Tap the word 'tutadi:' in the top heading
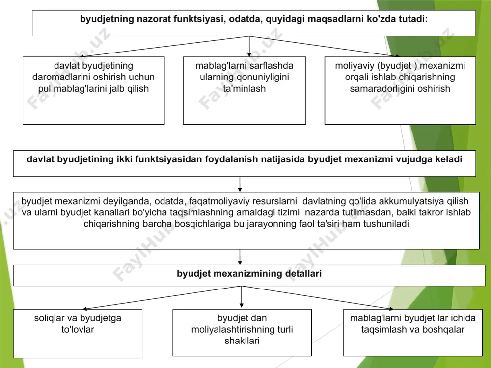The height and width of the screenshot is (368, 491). point(413,19)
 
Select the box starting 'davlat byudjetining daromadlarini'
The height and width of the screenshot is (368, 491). point(94,91)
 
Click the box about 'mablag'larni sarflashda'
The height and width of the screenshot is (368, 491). point(245,91)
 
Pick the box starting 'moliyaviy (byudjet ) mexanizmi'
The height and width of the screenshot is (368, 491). point(400,91)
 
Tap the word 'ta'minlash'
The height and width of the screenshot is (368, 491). point(245,89)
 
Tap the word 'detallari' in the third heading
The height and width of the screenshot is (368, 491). point(303,274)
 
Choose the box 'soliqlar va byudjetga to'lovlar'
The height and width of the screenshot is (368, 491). point(78,334)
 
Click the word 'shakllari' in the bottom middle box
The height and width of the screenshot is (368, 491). point(242,341)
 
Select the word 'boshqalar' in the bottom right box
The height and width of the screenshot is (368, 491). point(443,329)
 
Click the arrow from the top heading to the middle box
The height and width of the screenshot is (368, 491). point(249,47)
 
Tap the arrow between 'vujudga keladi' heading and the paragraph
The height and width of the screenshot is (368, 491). point(240,184)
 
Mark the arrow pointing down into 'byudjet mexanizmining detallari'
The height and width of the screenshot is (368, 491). point(240,257)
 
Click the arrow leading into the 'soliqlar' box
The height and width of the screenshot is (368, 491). point(162,298)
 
